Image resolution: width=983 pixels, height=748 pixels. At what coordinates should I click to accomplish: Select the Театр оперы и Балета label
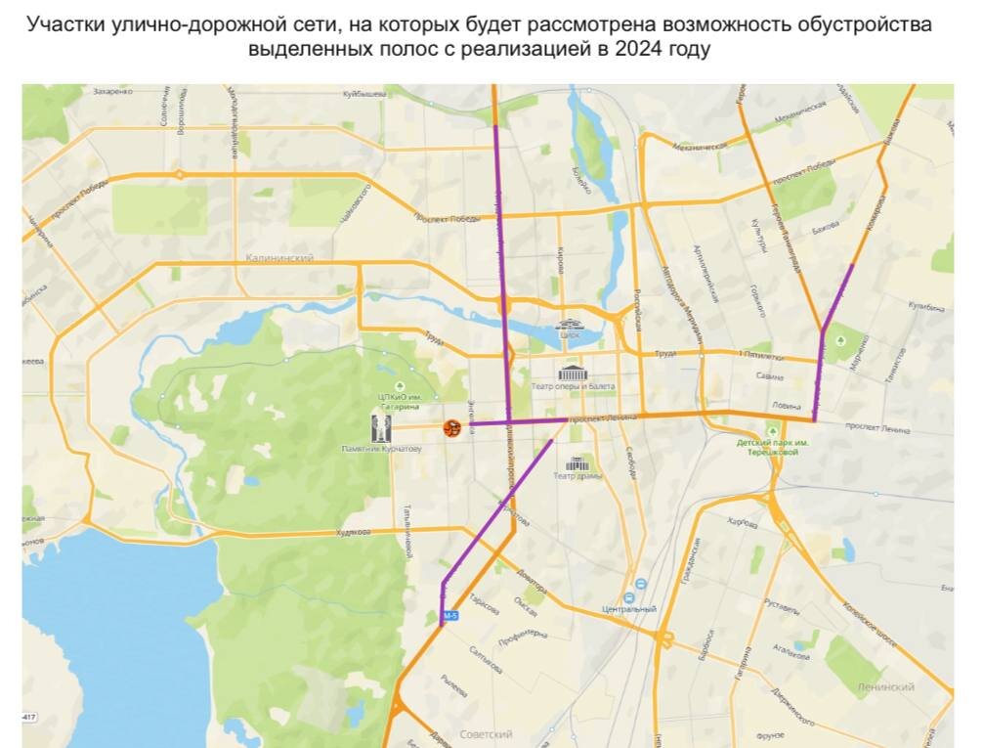(573, 387)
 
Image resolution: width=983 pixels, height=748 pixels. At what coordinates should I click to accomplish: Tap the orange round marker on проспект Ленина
(452, 427)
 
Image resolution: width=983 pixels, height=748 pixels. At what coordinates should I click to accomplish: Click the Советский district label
(486, 733)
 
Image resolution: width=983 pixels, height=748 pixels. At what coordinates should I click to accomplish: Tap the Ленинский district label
(885, 687)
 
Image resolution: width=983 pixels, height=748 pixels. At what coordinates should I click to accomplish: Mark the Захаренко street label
(112, 92)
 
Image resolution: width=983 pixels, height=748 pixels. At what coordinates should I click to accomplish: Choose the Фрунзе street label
(770, 733)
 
